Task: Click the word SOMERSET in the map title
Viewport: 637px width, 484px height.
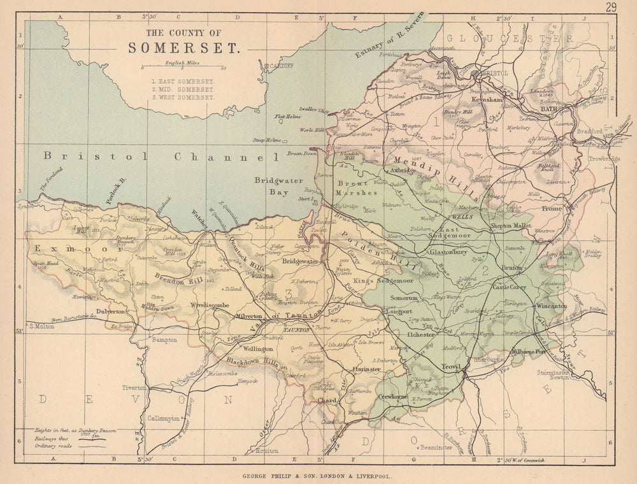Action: pos(183,48)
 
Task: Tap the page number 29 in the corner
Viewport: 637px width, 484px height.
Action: pos(612,8)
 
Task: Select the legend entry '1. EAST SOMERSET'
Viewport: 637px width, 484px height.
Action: pos(183,82)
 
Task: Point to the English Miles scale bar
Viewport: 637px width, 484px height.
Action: pos(183,68)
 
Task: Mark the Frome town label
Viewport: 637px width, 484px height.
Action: pos(552,208)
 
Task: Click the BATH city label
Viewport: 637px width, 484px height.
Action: pos(548,109)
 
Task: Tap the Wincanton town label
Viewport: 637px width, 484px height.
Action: pos(551,306)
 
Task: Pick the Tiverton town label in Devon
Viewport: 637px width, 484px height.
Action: pos(134,387)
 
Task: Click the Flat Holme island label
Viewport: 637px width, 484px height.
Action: pos(287,117)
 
